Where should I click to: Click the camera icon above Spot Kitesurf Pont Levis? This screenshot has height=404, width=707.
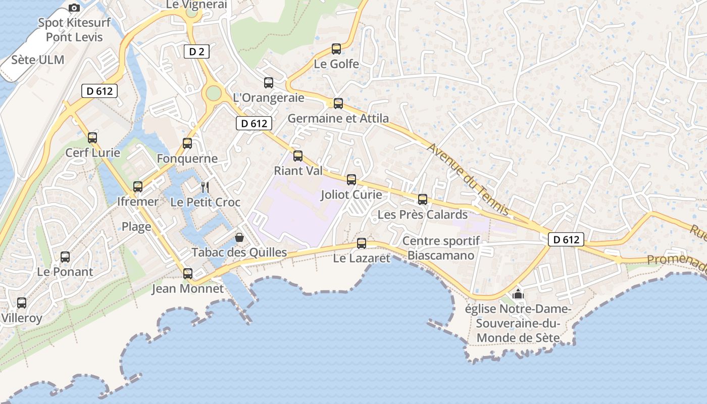[x=74, y=8]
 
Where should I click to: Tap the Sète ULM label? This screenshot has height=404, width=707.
[x=38, y=60]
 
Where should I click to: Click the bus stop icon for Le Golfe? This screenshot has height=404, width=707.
[x=336, y=49]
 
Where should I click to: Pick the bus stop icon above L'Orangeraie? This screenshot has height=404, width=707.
[x=269, y=83]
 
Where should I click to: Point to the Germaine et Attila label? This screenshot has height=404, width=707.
[x=338, y=118]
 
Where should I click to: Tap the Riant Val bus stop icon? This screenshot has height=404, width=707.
[x=298, y=156]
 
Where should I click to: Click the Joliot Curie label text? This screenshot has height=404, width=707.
[x=351, y=194]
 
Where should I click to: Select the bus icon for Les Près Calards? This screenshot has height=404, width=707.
[x=423, y=199]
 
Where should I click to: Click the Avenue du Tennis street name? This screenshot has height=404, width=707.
[x=468, y=179]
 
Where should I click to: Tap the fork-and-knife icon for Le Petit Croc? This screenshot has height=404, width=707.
[x=205, y=187]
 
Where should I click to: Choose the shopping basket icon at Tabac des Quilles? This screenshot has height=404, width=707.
[x=239, y=237]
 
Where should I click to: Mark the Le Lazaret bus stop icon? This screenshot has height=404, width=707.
[x=362, y=243]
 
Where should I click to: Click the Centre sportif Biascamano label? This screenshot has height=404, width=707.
[x=441, y=248]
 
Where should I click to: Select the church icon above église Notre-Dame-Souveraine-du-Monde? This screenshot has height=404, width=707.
[x=518, y=293]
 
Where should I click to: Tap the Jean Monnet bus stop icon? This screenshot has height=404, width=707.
[x=188, y=274]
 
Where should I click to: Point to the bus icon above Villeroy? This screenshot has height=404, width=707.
[x=22, y=303]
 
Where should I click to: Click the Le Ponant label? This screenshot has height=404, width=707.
[x=65, y=272]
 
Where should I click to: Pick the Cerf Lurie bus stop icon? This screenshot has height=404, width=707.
[x=92, y=137]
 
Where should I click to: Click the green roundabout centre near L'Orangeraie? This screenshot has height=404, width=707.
[x=214, y=93]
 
